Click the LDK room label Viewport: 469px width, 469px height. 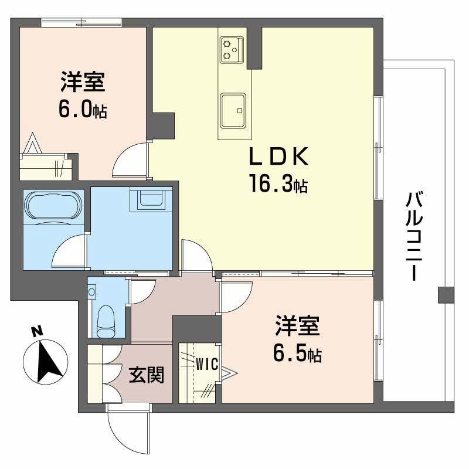[279, 156]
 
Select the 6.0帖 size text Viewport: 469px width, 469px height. [83, 110]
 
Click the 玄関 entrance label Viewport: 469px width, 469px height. [147, 375]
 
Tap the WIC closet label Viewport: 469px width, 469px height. [207, 364]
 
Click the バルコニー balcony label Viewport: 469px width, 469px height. [414, 236]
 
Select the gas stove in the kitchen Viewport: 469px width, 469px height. [232, 50]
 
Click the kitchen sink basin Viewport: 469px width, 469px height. [233, 110]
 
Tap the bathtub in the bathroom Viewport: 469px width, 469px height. [54, 205]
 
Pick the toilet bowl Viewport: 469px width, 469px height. [106, 321]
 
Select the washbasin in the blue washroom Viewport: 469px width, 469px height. [151, 199]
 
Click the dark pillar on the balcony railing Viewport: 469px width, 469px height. [446, 295]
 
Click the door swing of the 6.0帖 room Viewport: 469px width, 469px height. [130, 159]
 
